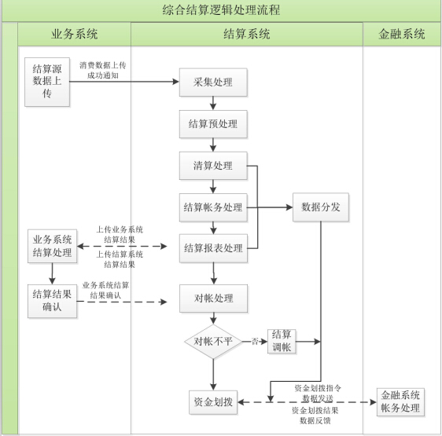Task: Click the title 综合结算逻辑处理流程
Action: [221, 10]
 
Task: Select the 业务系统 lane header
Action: [75, 34]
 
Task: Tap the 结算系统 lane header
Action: [247, 34]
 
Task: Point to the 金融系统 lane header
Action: [401, 34]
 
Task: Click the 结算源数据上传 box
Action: [47, 82]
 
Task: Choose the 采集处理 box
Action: [213, 82]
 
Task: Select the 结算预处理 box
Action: [213, 124]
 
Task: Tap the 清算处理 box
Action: [213, 166]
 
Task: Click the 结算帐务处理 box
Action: [213, 207]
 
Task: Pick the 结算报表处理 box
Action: [213, 248]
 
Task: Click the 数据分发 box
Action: [321, 207]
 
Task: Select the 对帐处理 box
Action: [214, 299]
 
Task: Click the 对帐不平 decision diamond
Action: [213, 342]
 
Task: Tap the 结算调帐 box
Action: [282, 341]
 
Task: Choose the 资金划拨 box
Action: [213, 402]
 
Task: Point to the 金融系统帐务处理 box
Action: [400, 402]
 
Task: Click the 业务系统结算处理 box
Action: [52, 246]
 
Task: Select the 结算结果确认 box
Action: [52, 301]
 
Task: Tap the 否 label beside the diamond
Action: [255, 342]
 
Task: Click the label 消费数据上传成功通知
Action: [102, 71]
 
